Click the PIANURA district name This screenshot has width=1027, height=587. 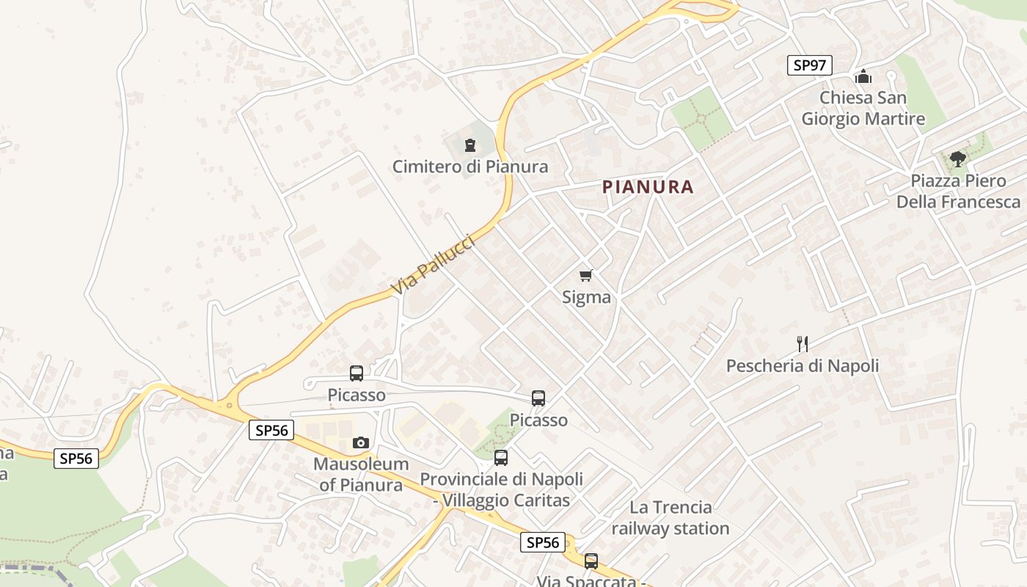coord(648,187)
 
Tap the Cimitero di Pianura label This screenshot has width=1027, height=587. coord(470,167)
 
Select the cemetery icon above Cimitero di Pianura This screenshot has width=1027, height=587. coord(470,145)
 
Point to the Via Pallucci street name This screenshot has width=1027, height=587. coord(434,265)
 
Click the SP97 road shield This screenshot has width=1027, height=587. coord(810,65)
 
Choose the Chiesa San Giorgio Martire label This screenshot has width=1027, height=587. coord(863,108)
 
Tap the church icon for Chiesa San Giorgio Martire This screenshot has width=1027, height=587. coord(863,76)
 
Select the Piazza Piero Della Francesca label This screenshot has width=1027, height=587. coord(958,191)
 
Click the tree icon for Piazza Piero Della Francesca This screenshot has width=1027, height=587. coord(957,158)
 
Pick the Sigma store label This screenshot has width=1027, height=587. coord(586,297)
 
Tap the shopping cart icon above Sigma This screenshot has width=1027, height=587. coord(585,276)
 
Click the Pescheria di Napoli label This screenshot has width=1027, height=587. coord(803,365)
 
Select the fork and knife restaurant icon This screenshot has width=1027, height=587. coord(803,343)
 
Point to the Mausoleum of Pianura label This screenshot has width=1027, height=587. coord(360,474)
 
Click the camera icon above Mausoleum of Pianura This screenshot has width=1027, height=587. coord(360,442)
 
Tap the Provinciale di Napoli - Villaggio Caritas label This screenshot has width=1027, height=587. coord(502,489)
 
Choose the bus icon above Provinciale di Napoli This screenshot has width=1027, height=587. coord(501,458)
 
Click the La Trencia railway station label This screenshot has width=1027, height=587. coord(670,517)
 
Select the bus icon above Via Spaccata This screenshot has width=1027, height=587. coord(591,561)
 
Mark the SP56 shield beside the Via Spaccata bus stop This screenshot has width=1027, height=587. coord(543,542)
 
